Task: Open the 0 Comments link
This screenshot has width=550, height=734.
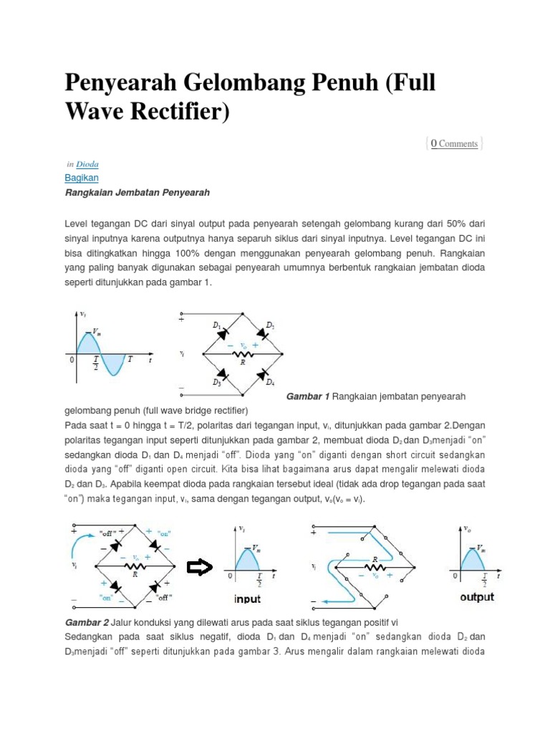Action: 454,143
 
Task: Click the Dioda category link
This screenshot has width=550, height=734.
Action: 87,164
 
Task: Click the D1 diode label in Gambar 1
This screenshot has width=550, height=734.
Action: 216,325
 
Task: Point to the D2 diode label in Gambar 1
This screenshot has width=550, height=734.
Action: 270,325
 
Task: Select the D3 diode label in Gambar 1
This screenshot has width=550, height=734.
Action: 216,382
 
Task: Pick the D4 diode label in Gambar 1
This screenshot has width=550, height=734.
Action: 269,382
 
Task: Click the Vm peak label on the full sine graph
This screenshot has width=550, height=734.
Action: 96,332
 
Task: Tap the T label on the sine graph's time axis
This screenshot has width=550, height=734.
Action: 130,360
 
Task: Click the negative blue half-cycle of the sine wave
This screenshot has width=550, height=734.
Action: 114,365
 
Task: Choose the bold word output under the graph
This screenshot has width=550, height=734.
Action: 477,597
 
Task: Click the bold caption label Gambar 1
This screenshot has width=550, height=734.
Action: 307,396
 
